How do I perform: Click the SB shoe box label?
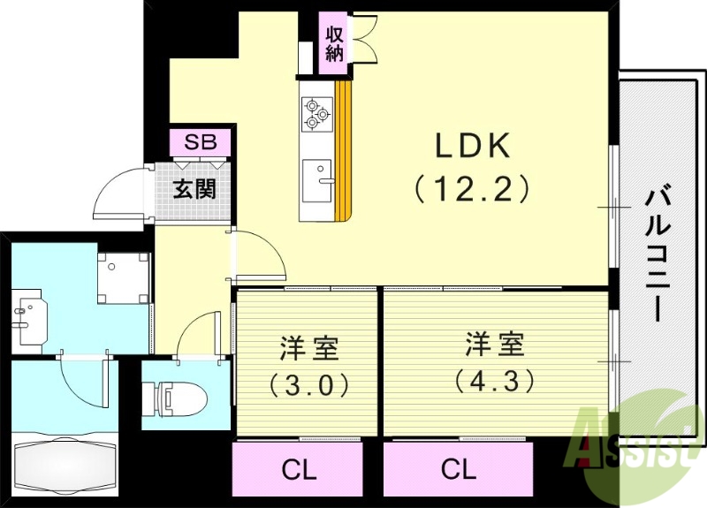[x=200, y=142]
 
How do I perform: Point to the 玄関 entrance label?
[x=194, y=189]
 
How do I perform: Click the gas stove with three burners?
[x=315, y=113]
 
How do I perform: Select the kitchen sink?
[x=315, y=179]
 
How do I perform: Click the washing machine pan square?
[x=122, y=276]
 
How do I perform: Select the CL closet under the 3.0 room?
[x=298, y=469]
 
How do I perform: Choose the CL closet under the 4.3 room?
[x=458, y=469]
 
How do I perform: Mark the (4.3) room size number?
[x=495, y=381]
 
